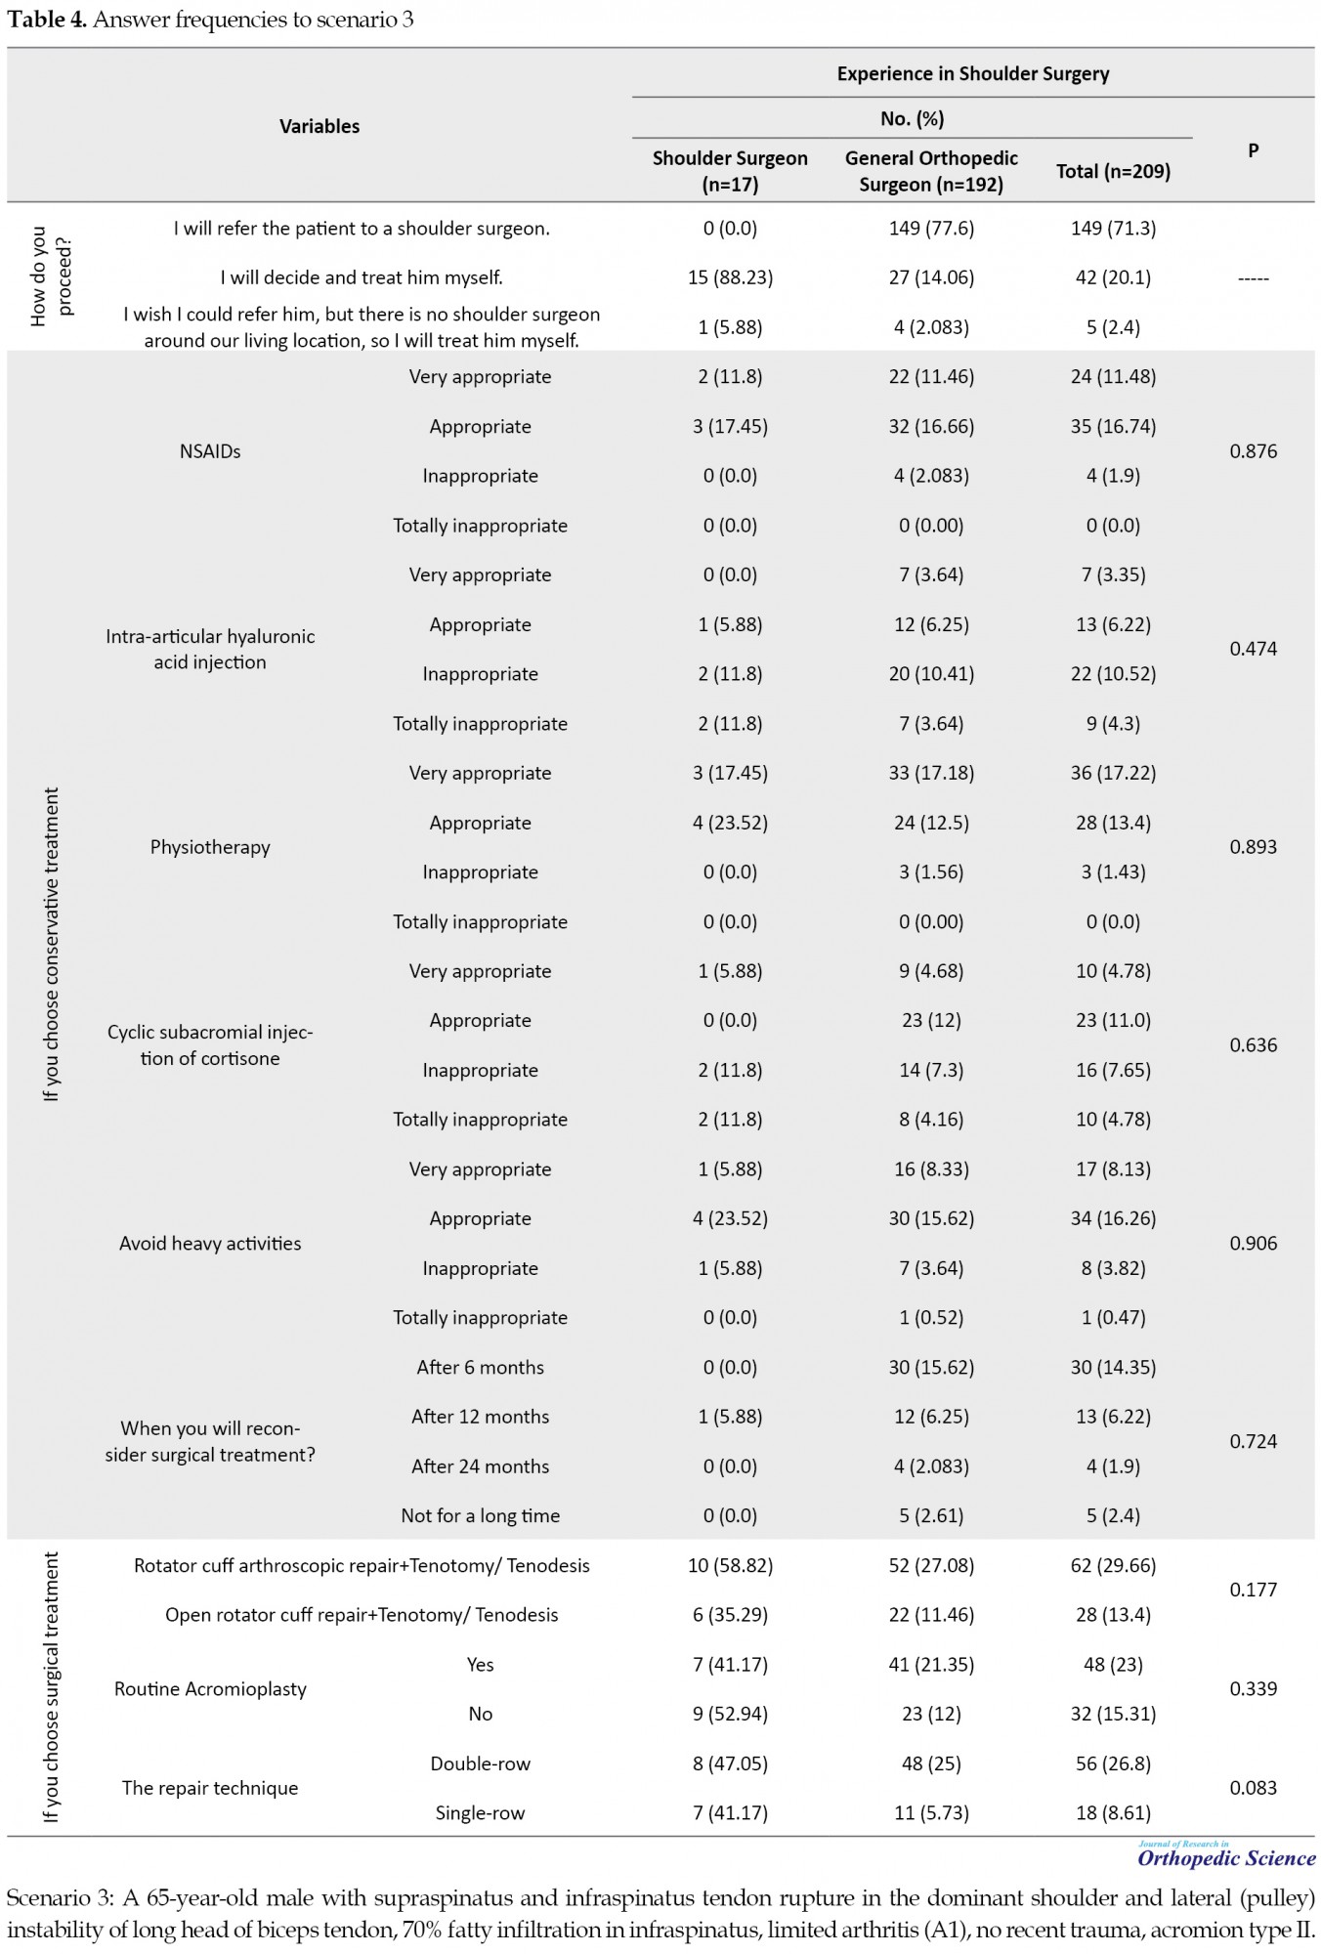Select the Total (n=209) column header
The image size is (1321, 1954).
point(1113,171)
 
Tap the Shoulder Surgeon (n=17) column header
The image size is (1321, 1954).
point(730,171)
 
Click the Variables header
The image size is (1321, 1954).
point(320,126)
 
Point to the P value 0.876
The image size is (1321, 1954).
point(1254,451)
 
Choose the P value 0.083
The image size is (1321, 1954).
point(1254,1788)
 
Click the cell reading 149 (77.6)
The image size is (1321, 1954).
point(931,229)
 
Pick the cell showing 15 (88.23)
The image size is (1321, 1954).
point(730,277)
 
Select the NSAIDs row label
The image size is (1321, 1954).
point(210,451)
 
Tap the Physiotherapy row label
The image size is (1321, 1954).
point(210,847)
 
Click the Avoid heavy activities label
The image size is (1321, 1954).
point(210,1243)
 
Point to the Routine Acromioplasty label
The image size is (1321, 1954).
point(210,1689)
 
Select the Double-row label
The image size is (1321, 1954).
point(480,1763)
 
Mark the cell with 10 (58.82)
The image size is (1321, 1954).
point(730,1565)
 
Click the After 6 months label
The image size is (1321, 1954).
point(480,1368)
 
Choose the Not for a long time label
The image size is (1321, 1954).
point(480,1516)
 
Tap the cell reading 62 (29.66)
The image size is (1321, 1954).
point(1113,1565)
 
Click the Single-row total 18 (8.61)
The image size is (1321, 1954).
point(1113,1813)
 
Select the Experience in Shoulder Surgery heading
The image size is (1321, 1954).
point(973,74)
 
